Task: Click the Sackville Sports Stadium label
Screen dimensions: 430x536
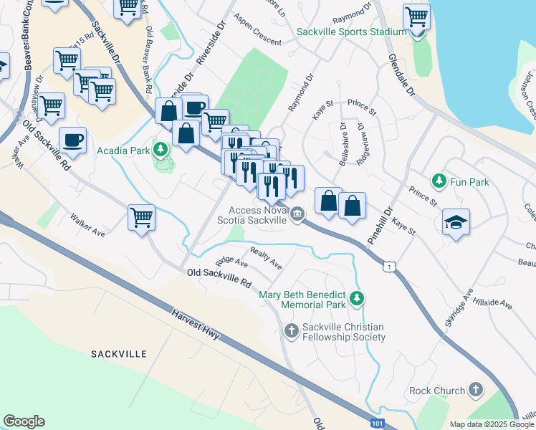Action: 353,32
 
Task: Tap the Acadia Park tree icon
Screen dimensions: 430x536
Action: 162,149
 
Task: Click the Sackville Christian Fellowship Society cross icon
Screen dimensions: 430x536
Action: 291,330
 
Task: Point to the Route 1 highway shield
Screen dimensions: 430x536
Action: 388,267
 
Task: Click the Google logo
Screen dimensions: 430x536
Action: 24,421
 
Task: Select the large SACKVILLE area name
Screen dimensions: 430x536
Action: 119,354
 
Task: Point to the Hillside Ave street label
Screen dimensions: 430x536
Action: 492,304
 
